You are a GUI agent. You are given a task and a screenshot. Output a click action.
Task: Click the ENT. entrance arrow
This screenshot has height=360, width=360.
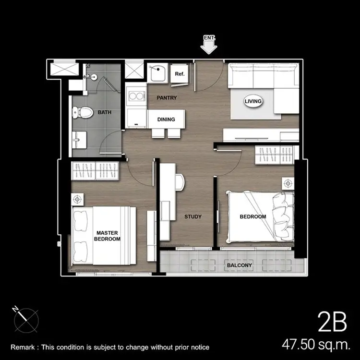point(208,45)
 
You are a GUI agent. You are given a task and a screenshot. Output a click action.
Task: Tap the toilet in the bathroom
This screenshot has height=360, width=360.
point(83,112)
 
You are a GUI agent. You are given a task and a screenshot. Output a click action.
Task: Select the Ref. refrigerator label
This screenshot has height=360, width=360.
point(180,74)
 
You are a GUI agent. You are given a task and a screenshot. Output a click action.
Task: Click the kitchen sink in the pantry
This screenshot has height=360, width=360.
point(156,73)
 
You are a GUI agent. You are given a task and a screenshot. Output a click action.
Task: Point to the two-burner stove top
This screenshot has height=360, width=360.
point(137,96)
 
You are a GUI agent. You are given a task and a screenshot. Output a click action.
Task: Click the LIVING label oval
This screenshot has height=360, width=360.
point(253,101)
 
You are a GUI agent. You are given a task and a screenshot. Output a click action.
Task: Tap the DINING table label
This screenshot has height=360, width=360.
point(166,120)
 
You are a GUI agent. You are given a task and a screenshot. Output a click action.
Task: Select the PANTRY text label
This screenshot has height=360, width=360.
point(167,98)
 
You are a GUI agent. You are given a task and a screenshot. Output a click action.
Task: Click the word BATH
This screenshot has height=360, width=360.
point(105,112)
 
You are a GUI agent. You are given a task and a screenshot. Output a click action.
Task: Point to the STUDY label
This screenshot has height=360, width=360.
point(193,216)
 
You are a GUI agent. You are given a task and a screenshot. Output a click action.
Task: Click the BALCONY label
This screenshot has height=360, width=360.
point(240,265)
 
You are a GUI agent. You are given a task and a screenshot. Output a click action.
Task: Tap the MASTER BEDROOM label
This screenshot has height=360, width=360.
point(107,236)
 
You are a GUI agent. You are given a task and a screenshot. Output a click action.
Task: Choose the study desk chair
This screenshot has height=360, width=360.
point(180,182)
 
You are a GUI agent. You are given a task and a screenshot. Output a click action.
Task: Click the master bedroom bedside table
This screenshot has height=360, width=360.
point(77,199)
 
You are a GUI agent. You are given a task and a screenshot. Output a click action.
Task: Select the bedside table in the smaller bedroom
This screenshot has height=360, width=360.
point(288,183)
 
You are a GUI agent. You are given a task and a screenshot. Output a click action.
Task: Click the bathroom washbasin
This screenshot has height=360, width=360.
point(79,140)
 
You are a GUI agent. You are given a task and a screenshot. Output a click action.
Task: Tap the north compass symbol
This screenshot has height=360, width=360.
point(26,320)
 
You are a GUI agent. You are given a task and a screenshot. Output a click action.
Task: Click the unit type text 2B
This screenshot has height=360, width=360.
point(332,322)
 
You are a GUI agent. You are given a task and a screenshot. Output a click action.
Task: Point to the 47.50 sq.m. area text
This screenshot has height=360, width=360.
point(316,344)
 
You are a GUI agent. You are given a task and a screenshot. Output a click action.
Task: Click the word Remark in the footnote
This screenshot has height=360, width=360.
point(23,347)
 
